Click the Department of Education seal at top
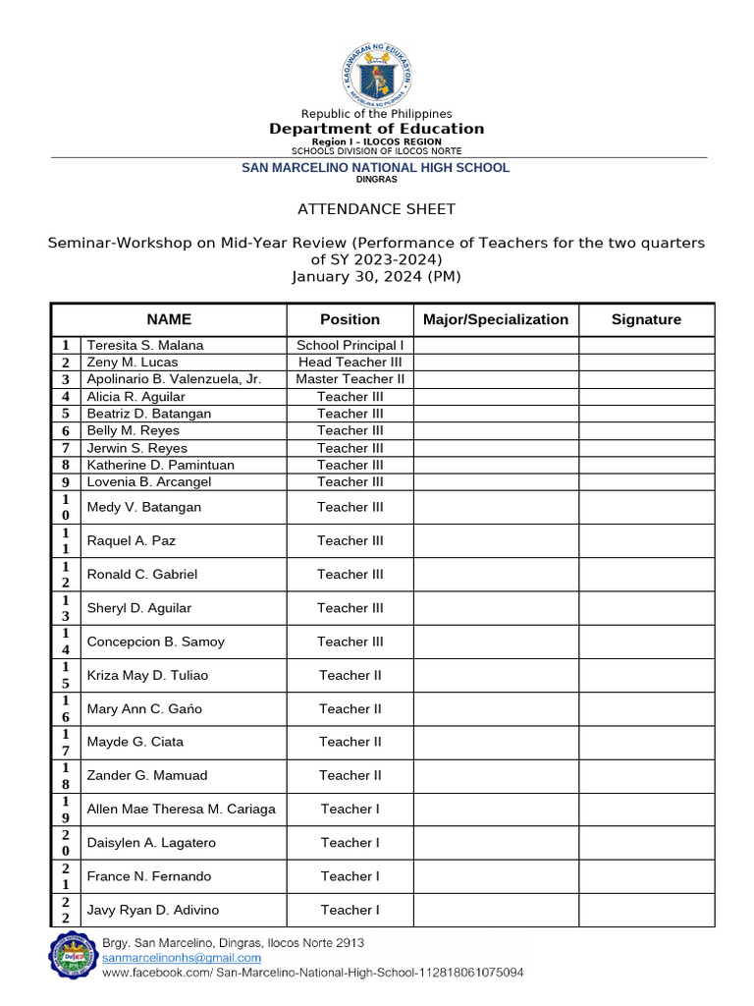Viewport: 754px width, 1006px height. pyautogui.click(x=377, y=75)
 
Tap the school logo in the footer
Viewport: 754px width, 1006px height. pyautogui.click(x=74, y=956)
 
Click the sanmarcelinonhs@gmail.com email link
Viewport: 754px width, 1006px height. pyautogui.click(x=182, y=958)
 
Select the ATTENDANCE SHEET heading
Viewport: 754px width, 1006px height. pyautogui.click(x=377, y=209)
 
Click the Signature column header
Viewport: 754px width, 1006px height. pyautogui.click(x=646, y=319)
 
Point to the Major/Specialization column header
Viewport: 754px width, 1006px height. pyautogui.click(x=496, y=319)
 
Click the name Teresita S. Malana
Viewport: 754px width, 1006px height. pyautogui.click(x=145, y=345)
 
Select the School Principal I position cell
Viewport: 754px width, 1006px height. pyautogui.click(x=350, y=345)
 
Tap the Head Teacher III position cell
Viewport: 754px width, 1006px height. pyautogui.click(x=350, y=362)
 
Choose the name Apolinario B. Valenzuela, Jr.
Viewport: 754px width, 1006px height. pyautogui.click(x=174, y=379)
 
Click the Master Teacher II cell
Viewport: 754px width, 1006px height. pyautogui.click(x=350, y=379)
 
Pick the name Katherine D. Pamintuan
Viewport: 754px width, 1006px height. pyautogui.click(x=161, y=465)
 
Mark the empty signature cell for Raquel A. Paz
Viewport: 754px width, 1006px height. pyautogui.click(x=646, y=540)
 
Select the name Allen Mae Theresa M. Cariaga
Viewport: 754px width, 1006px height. pyautogui.click(x=182, y=809)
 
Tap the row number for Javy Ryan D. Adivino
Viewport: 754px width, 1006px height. pyautogui.click(x=65, y=910)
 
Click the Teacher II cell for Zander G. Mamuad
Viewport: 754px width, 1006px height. pyautogui.click(x=350, y=775)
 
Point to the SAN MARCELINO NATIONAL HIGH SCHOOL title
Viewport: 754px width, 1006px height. pyautogui.click(x=376, y=168)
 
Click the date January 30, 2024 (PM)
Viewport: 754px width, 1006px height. pyautogui.click(x=376, y=277)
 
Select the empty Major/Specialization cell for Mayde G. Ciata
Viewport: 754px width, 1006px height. pyautogui.click(x=496, y=742)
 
